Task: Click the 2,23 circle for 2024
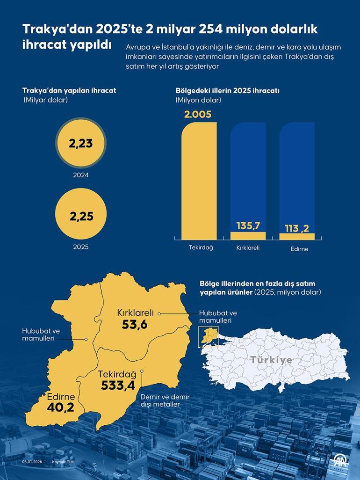pyautogui.click(x=81, y=143)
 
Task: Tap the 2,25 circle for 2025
pyautogui.click(x=81, y=216)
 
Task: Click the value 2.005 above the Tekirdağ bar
pyautogui.click(x=198, y=115)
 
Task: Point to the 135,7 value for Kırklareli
pyautogui.click(x=248, y=226)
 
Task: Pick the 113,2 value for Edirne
pyautogui.click(x=297, y=228)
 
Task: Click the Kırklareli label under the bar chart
pyautogui.click(x=248, y=247)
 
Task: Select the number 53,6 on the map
pyautogui.click(x=135, y=324)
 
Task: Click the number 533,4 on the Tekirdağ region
pyautogui.click(x=118, y=385)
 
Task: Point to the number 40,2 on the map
pyautogui.click(x=60, y=407)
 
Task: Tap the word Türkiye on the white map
pyautogui.click(x=271, y=360)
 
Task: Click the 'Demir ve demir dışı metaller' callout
pyautogui.click(x=159, y=400)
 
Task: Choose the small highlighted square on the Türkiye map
pyautogui.click(x=206, y=336)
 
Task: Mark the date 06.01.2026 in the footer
pyautogui.click(x=32, y=462)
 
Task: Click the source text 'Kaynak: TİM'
pyautogui.click(x=63, y=462)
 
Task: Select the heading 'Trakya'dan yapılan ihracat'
pyautogui.click(x=69, y=91)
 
